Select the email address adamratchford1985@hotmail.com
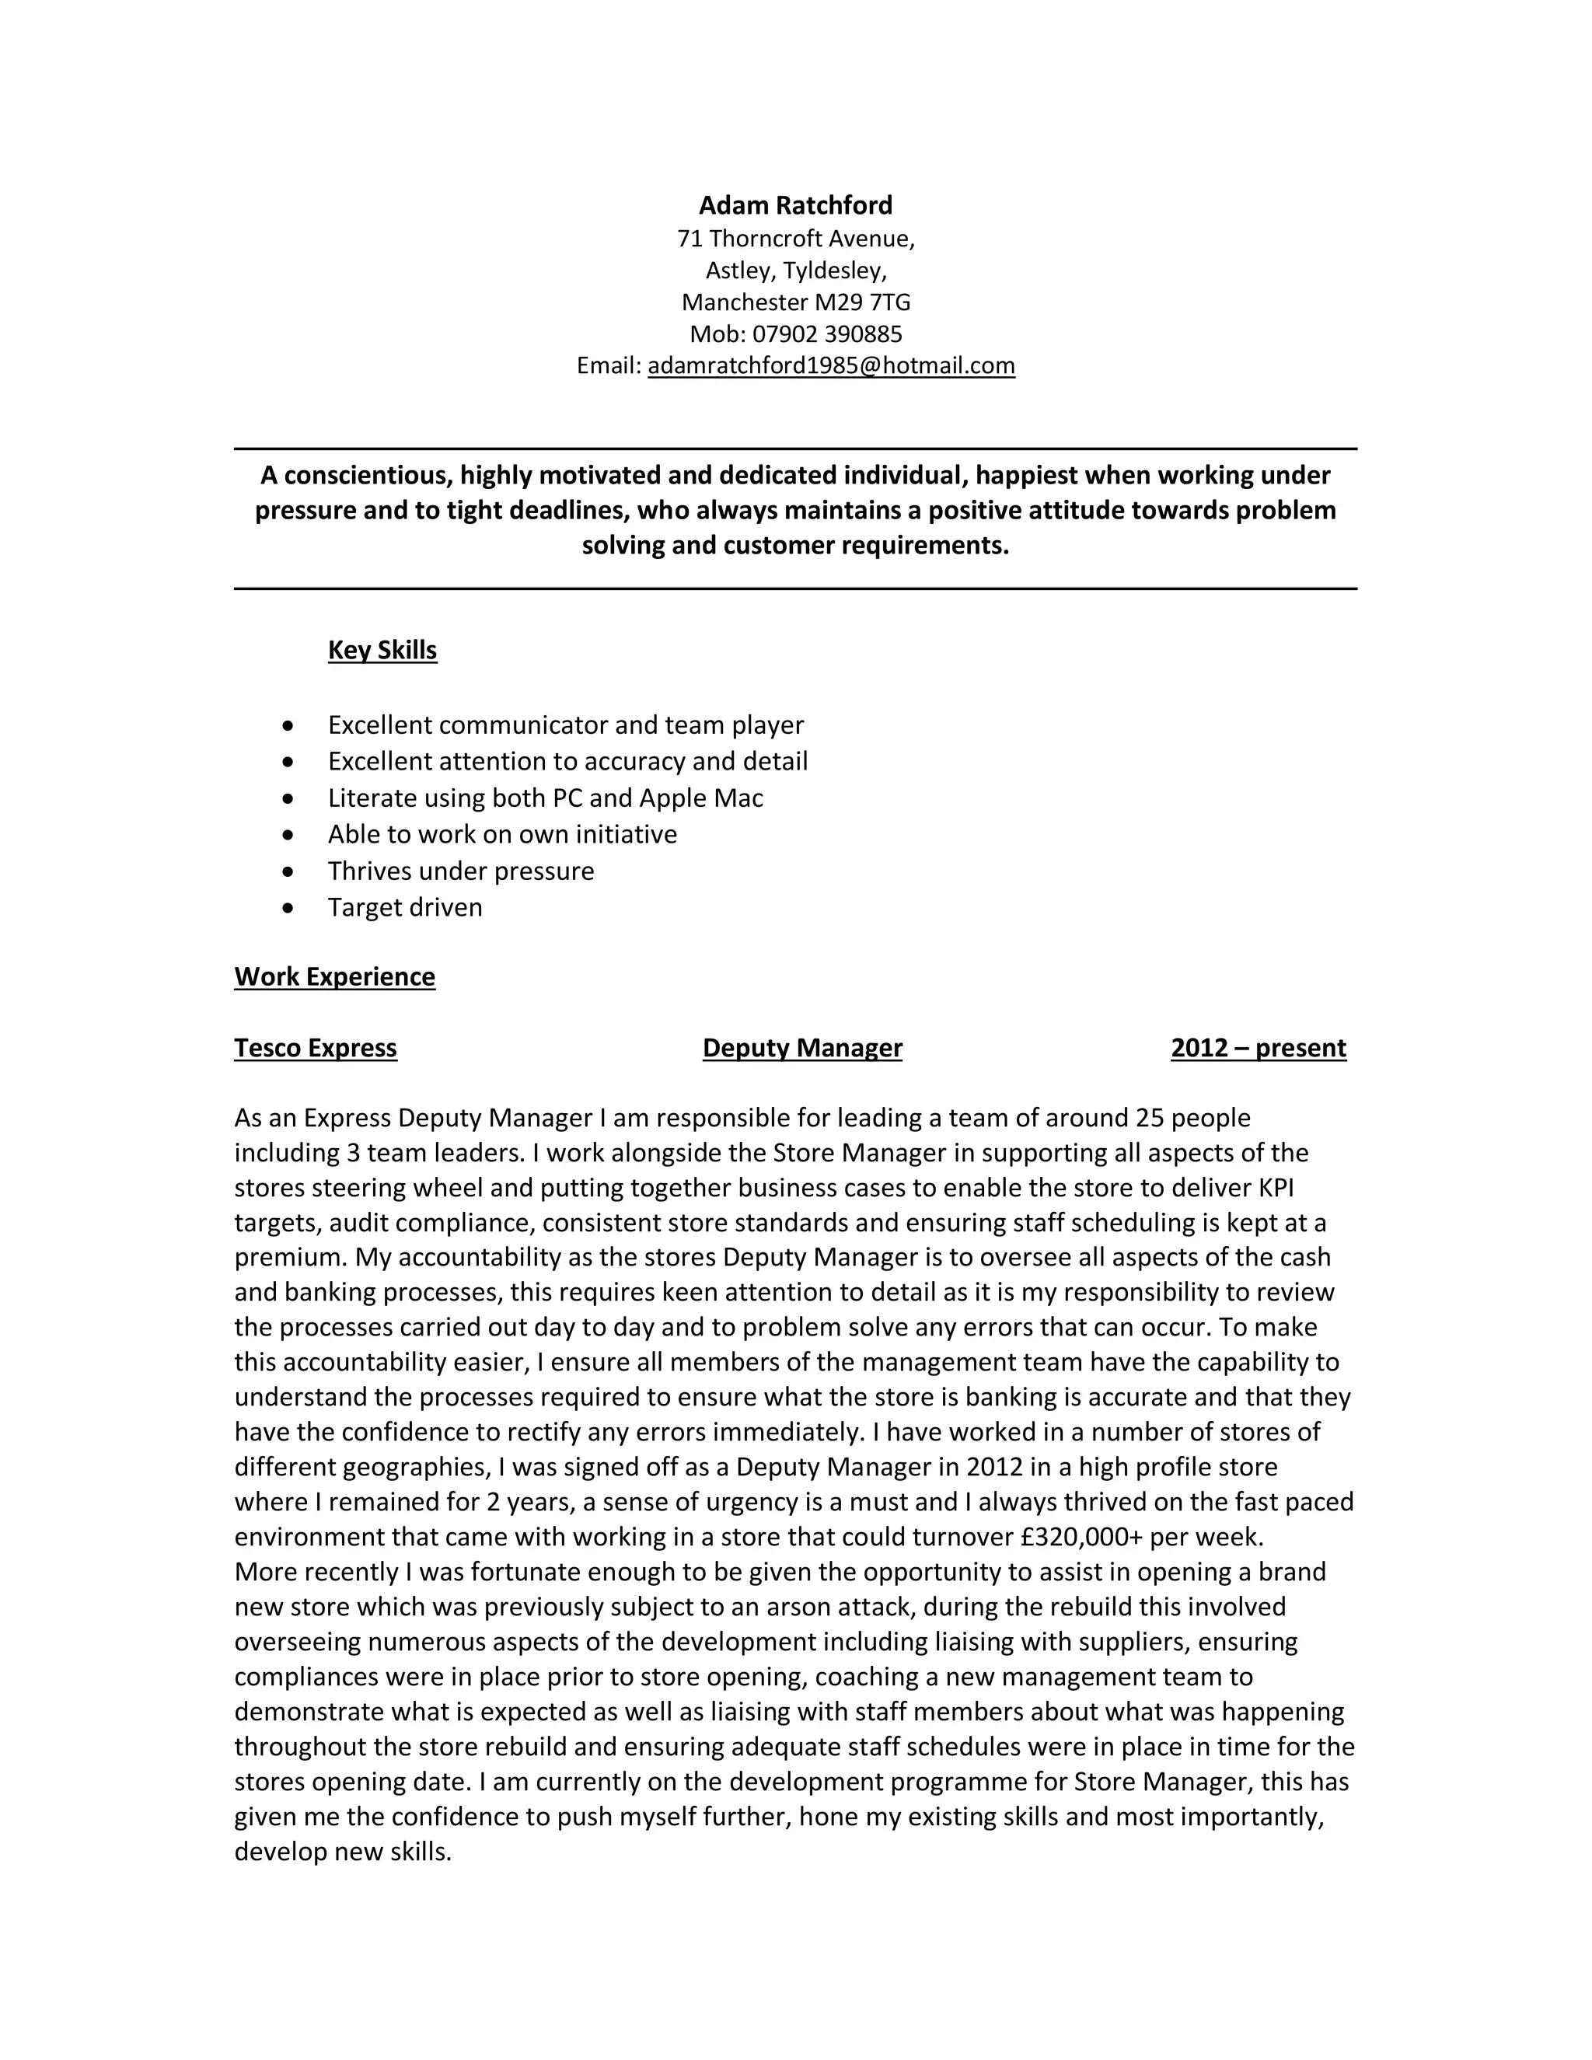[831, 365]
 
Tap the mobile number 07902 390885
[827, 334]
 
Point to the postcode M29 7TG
[863, 302]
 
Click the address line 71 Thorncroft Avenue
[795, 239]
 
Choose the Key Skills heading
[382, 650]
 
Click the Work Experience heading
[335, 976]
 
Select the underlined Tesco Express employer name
[315, 1048]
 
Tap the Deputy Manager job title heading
[801, 1048]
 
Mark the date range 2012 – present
[1259, 1048]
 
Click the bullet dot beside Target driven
[288, 908]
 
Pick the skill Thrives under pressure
[460, 871]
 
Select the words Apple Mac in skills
[700, 798]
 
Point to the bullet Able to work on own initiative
[501, 834]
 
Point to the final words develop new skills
[342, 1852]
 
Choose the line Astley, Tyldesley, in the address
[795, 271]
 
